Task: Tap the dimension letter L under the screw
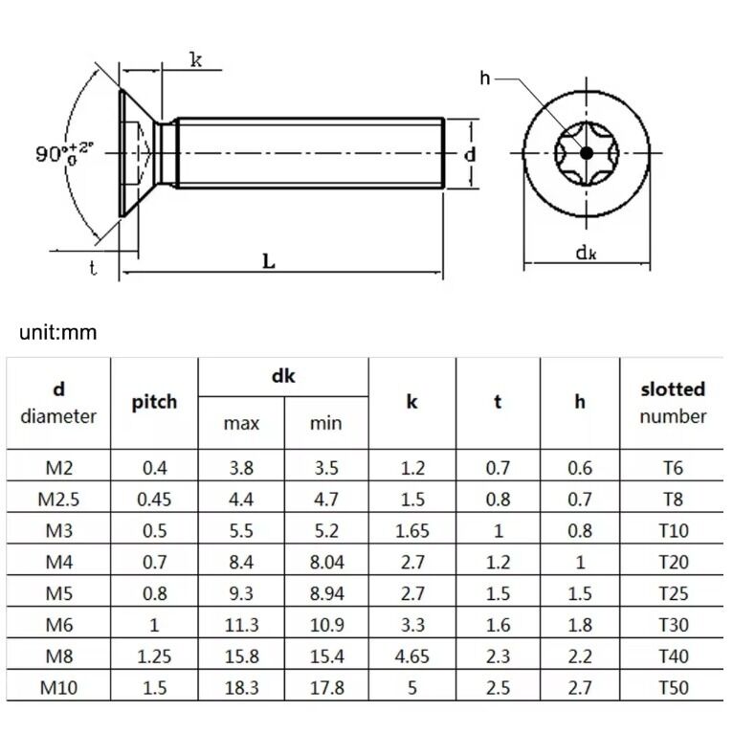(x=269, y=261)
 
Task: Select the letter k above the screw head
(x=195, y=60)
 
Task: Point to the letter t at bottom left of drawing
(x=93, y=269)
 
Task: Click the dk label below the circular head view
(x=586, y=253)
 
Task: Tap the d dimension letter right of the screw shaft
(x=470, y=154)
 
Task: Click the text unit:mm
(x=58, y=333)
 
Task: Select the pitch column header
(x=154, y=402)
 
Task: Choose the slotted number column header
(x=672, y=402)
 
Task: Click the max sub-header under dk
(x=240, y=423)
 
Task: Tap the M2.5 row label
(x=58, y=500)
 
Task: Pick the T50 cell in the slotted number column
(x=673, y=687)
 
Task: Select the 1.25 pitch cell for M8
(x=154, y=656)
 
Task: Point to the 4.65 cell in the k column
(x=411, y=656)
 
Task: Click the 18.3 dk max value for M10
(x=240, y=687)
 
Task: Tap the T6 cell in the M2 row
(x=673, y=468)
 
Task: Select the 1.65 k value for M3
(x=411, y=531)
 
